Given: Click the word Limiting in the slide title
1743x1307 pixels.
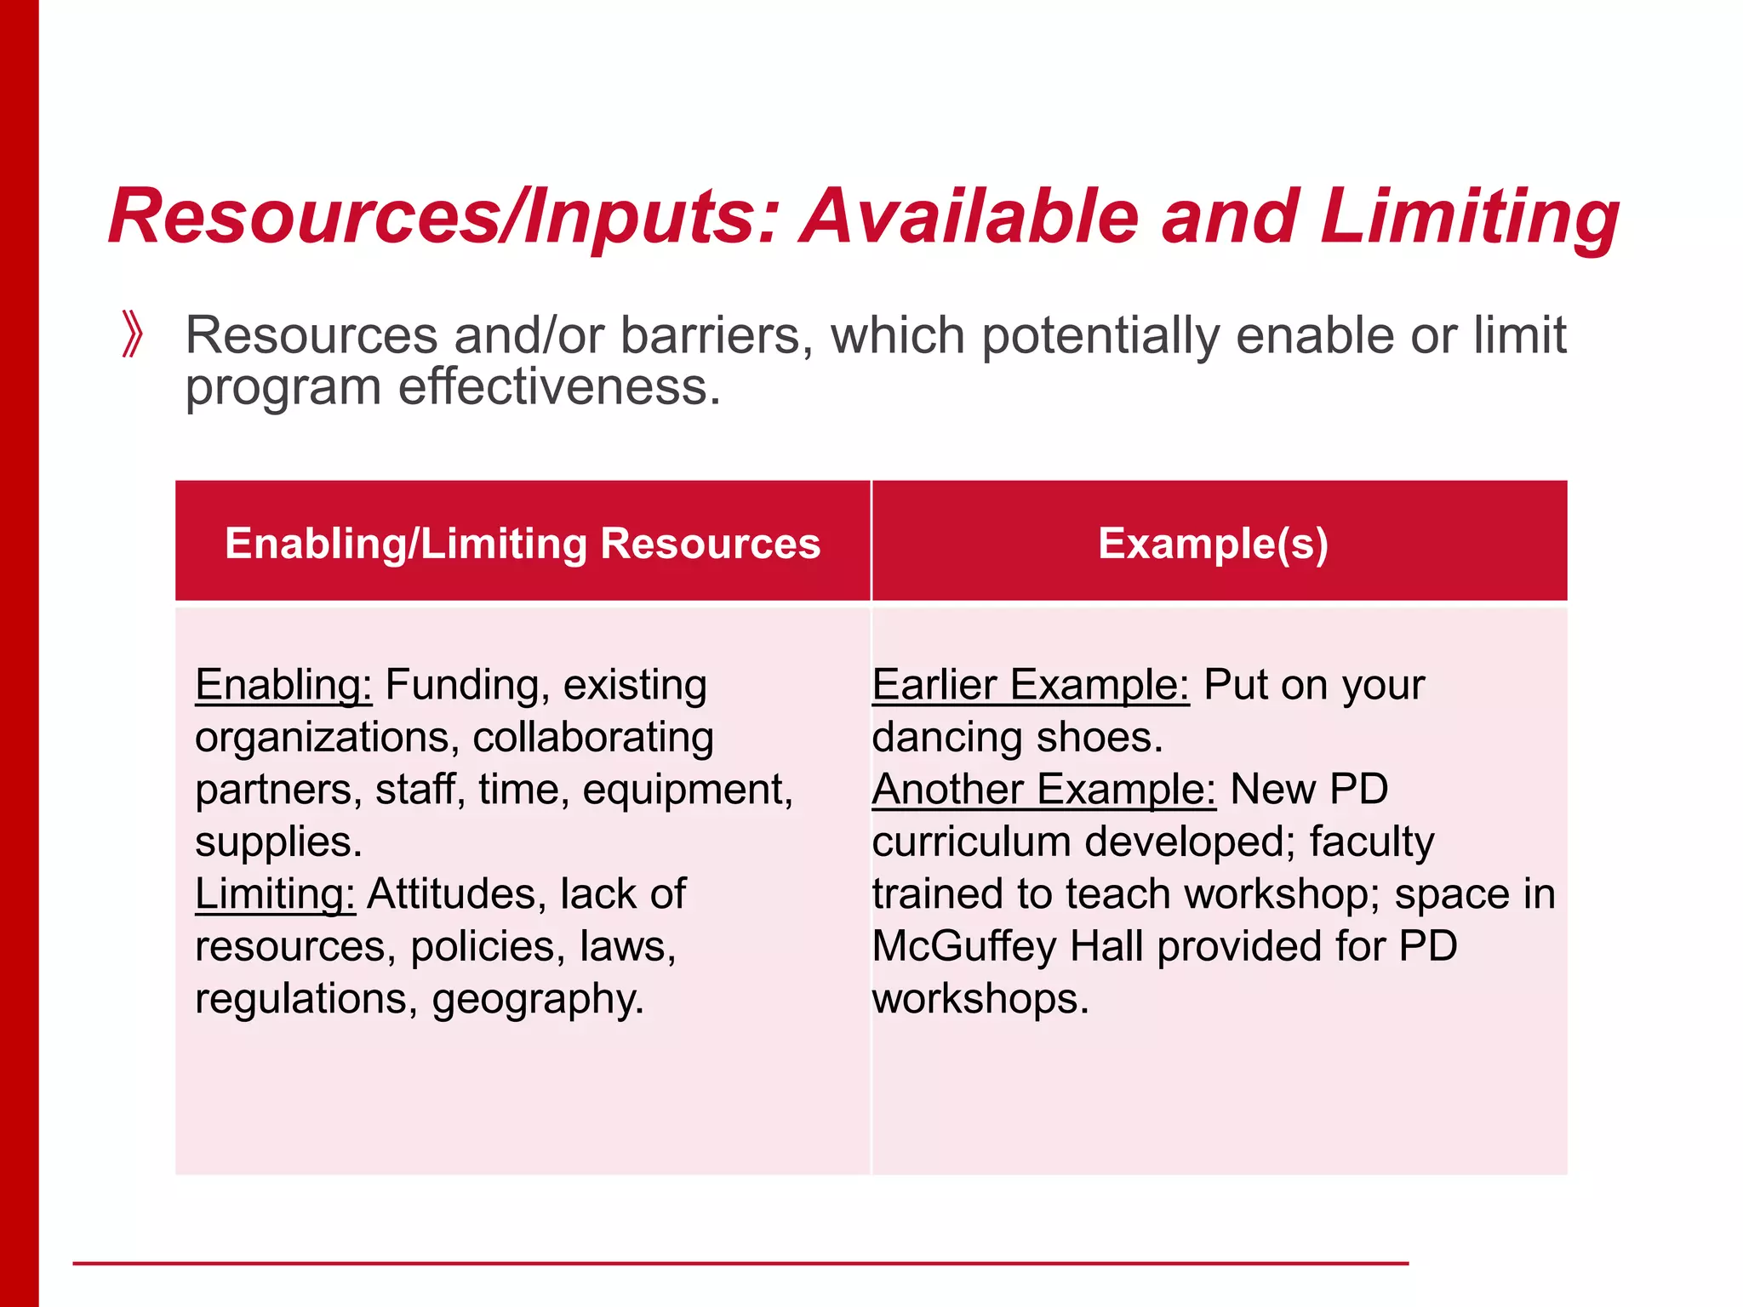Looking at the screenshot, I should pos(1469,218).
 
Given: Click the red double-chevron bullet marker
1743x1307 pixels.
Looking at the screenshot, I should pos(132,334).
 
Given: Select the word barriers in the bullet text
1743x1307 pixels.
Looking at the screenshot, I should pos(710,335).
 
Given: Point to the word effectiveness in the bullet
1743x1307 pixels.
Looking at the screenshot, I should pos(559,387).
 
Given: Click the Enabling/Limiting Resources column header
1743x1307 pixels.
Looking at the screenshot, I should pos(523,543).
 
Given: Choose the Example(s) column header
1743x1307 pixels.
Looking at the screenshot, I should pos(1213,543).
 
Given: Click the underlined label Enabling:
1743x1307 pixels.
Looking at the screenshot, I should pos(283,685).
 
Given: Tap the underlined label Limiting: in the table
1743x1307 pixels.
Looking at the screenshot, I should pos(275,894).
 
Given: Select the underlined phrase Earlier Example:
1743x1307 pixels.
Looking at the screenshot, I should pos(1030,685).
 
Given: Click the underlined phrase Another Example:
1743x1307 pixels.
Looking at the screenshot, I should pos(1043,790).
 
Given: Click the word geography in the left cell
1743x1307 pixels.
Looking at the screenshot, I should pos(537,1000).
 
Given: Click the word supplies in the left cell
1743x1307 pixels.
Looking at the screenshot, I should pos(278,842).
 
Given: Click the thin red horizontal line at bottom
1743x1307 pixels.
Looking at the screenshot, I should pos(740,1264).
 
